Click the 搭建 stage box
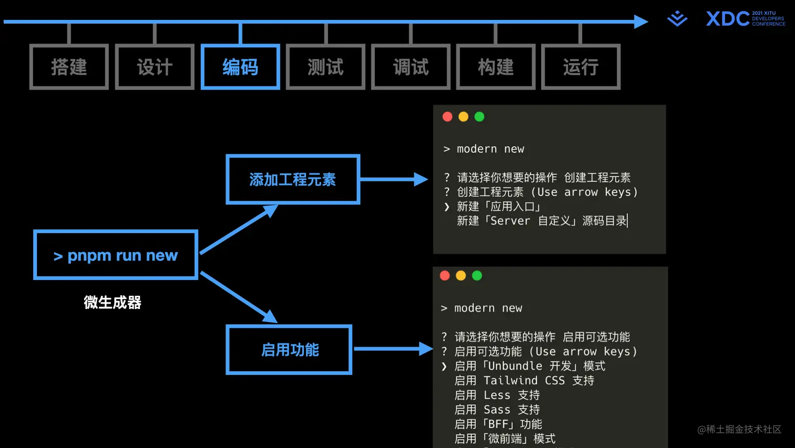coord(69,67)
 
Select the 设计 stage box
coord(155,67)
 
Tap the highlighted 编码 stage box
coord(240,67)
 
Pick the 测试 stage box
coord(325,67)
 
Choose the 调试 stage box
coord(411,67)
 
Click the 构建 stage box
coord(496,67)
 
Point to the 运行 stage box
coord(581,67)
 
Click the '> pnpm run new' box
coord(116,255)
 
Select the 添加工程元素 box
coord(293,180)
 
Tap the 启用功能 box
coord(289,350)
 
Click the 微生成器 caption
coord(113,303)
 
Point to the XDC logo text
coord(728,19)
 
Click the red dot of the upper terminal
coord(447,117)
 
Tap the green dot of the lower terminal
coord(477,276)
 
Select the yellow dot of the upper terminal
coord(463,117)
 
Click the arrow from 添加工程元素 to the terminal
coord(394,180)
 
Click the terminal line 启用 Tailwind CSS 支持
coord(524,381)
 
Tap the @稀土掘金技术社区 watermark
coord(739,430)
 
